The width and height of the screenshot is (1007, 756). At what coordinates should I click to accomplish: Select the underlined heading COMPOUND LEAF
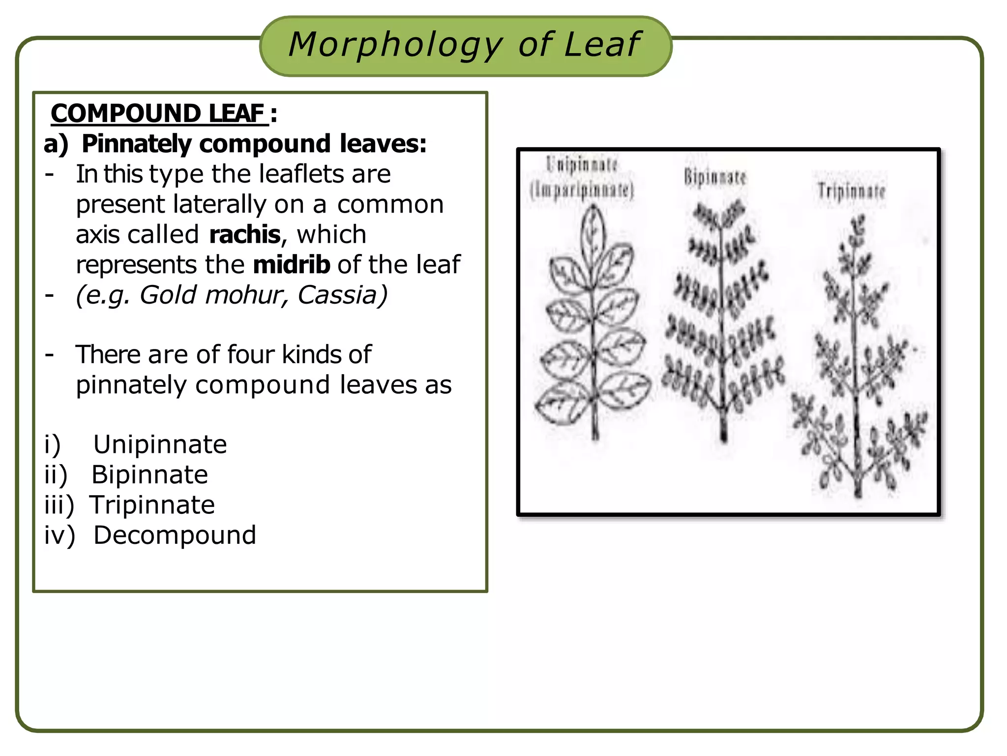pos(158,113)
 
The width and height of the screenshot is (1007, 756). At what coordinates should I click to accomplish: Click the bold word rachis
pos(244,235)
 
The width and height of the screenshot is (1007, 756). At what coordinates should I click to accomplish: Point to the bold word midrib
pos(291,265)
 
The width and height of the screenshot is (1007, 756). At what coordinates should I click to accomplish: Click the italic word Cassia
pos(342,295)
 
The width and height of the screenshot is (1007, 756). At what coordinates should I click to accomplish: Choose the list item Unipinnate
pos(160,444)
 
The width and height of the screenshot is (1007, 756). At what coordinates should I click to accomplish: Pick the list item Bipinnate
pos(150,475)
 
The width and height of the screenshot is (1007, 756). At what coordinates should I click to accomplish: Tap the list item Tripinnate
pos(152,505)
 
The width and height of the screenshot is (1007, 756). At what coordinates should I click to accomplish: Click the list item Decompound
pos(175,535)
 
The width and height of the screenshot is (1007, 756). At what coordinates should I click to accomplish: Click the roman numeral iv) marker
pos(59,535)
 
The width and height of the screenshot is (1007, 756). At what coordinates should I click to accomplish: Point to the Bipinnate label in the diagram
pos(714,177)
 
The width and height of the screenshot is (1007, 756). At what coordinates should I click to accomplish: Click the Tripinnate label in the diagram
pos(851,191)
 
